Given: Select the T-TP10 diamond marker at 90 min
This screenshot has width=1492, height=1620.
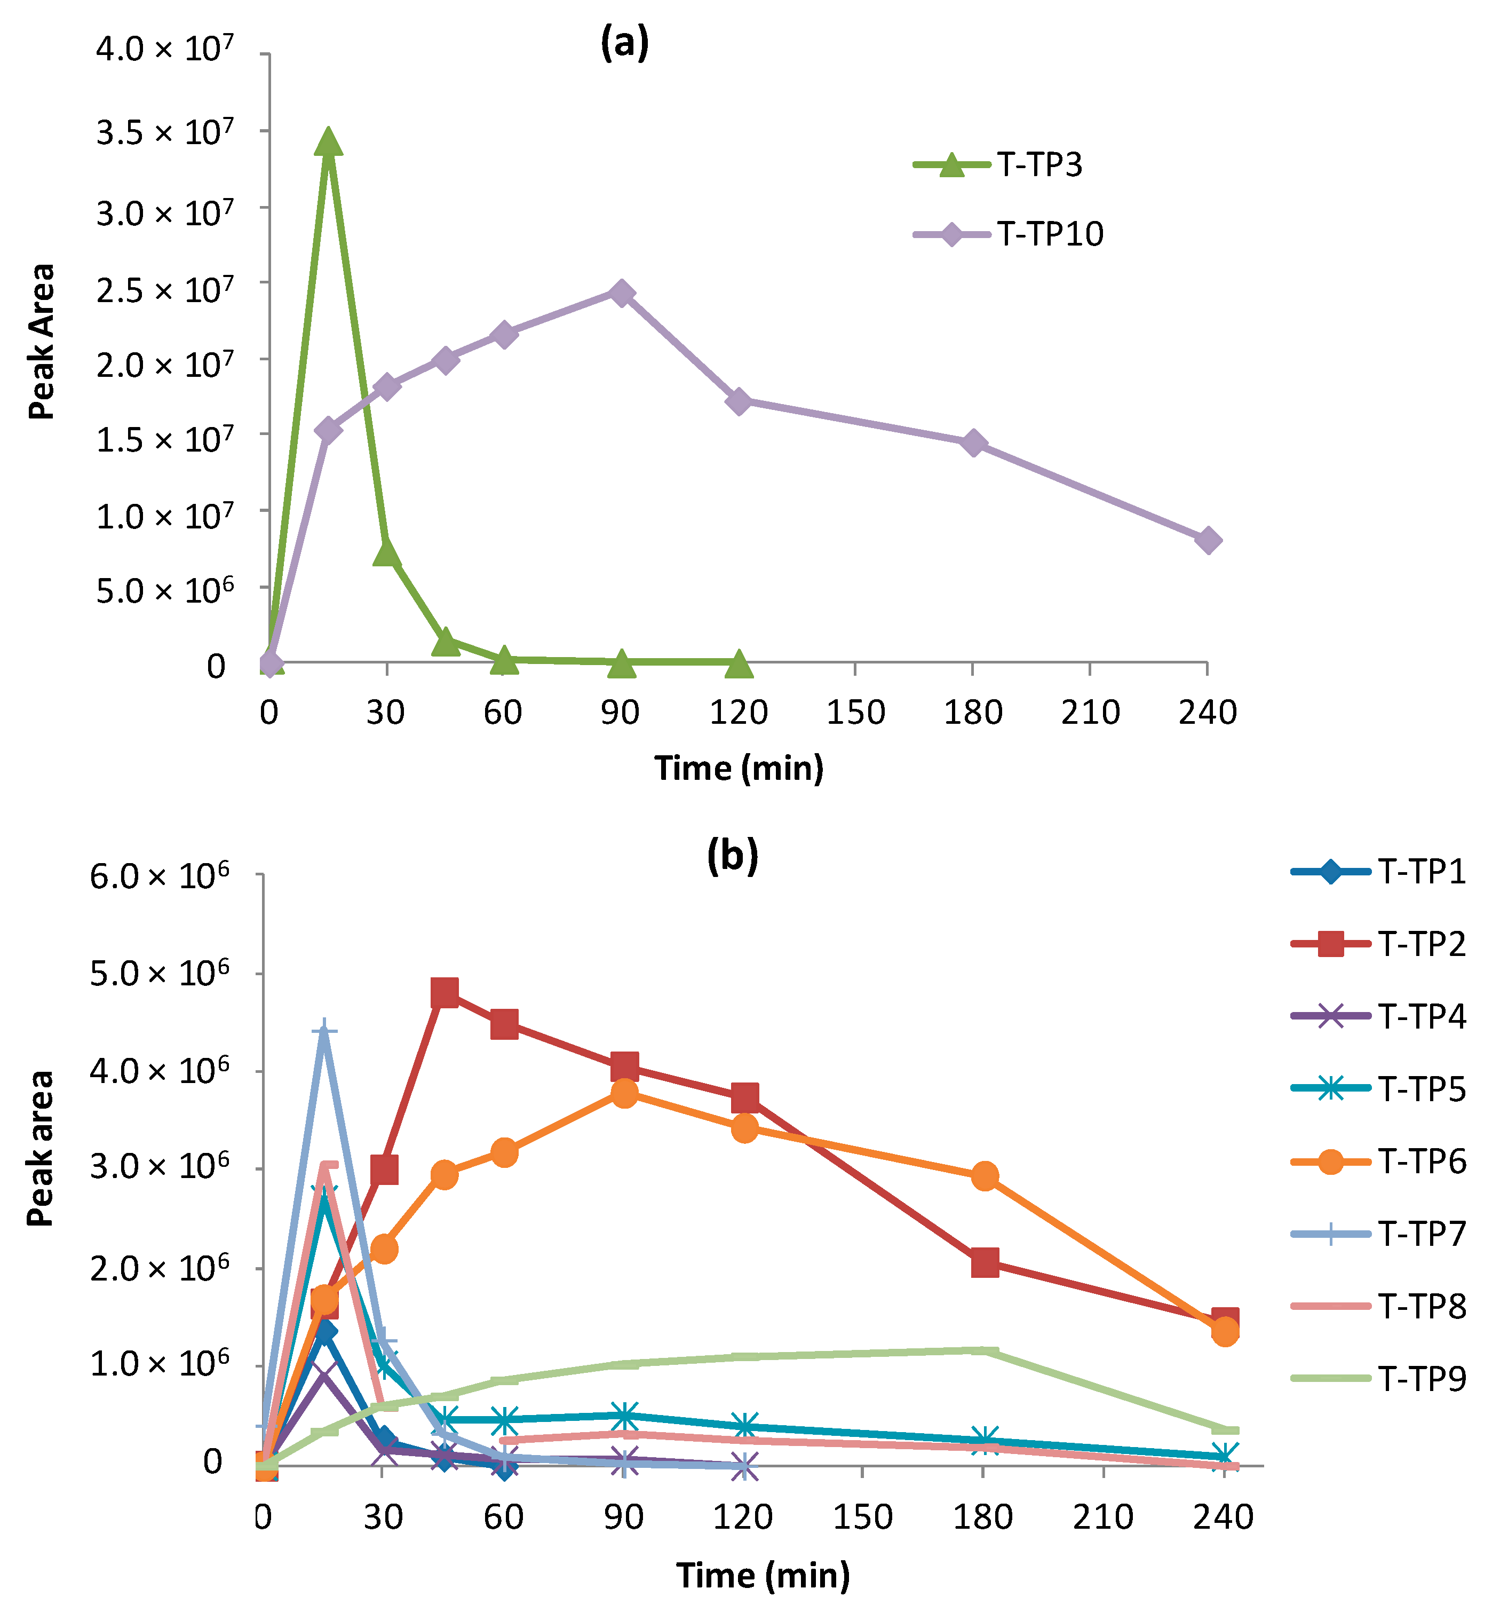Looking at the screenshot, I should [621, 293].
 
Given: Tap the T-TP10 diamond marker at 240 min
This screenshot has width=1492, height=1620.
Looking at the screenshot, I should [1208, 540].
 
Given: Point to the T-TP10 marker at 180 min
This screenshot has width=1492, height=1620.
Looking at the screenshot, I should [974, 442].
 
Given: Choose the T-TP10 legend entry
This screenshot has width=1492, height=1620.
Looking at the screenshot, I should [1009, 234].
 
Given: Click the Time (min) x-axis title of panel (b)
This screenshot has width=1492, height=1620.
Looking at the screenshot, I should [763, 1574].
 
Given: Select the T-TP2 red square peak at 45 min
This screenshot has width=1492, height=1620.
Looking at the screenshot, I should [445, 992].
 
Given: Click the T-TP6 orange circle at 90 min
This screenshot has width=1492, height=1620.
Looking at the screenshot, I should [624, 1094].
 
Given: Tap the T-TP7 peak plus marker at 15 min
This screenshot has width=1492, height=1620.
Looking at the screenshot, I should [324, 1032].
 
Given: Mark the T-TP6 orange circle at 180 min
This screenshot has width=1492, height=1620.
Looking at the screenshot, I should [984, 1176].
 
